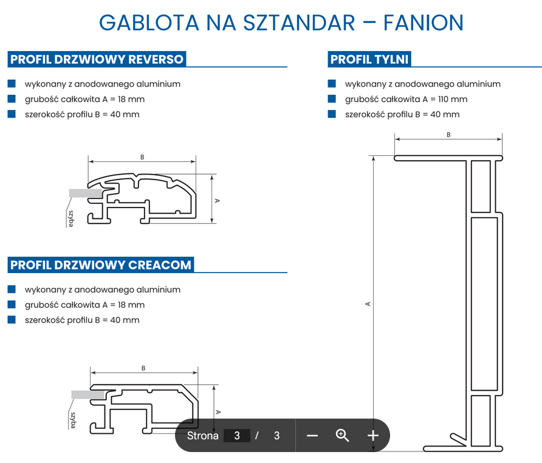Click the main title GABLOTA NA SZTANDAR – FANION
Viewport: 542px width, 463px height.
click(281, 23)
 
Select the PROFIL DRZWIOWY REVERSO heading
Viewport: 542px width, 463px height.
click(97, 59)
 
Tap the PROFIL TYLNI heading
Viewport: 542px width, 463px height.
click(369, 59)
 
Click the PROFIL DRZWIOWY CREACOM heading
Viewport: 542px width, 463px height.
click(101, 265)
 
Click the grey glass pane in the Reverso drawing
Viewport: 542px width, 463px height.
click(85, 193)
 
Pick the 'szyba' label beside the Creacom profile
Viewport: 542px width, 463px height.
click(73, 420)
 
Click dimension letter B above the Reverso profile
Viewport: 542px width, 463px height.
click(142, 157)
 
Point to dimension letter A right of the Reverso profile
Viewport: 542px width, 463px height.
click(218, 200)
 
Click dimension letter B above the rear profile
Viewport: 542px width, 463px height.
click(448, 134)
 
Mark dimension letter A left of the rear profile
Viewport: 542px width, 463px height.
click(368, 304)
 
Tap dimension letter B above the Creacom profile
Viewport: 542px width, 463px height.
click(143, 367)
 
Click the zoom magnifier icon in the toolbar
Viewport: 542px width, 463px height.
click(343, 435)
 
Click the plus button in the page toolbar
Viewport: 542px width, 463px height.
click(373, 435)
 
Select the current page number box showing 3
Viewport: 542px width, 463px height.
click(237, 436)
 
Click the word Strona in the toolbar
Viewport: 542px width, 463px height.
click(202, 436)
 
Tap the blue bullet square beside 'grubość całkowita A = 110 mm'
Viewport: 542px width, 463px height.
click(332, 99)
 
